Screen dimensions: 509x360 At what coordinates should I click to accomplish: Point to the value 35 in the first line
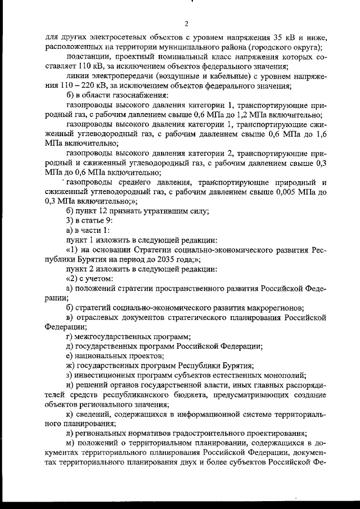tap(271, 37)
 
